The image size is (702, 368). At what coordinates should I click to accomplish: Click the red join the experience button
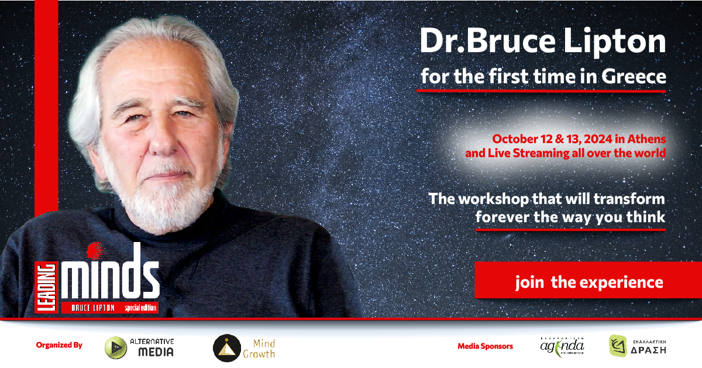[x=588, y=282]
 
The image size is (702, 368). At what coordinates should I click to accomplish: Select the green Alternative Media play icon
[x=116, y=347]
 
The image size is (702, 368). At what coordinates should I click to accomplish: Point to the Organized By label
[x=59, y=345]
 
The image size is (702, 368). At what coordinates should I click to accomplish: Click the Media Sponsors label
[x=485, y=346]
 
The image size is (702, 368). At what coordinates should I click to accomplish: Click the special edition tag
[x=140, y=308]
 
